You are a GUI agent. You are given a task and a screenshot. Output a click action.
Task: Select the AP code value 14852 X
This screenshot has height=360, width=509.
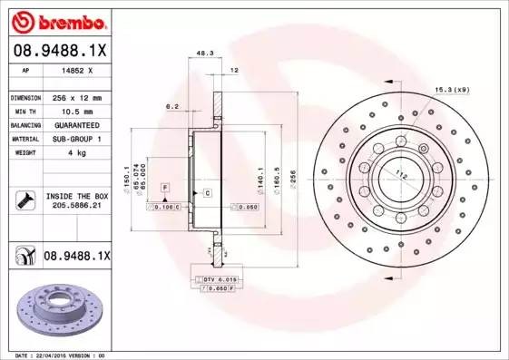point(76,70)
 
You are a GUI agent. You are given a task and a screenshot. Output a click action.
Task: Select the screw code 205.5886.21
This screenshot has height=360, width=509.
point(75,206)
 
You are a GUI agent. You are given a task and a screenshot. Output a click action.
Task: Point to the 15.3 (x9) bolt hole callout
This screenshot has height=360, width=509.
point(453,88)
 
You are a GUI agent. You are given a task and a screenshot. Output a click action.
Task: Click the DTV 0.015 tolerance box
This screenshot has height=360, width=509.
point(218,278)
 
